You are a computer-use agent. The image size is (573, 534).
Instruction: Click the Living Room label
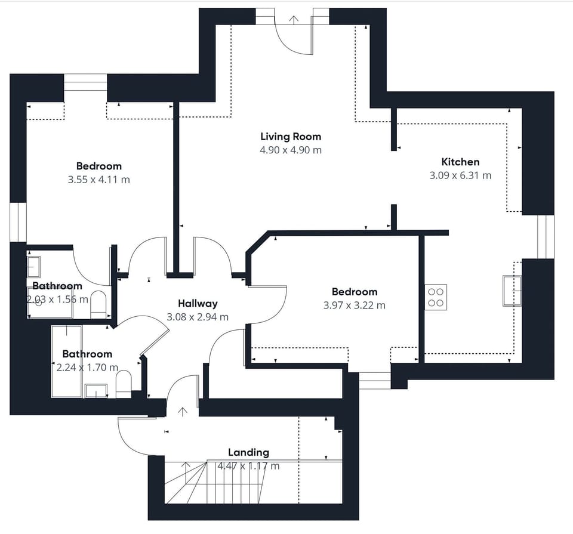pos(290,137)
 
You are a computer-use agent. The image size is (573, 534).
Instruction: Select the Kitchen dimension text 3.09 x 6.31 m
pos(460,175)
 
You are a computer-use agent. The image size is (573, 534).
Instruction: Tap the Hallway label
pos(198,304)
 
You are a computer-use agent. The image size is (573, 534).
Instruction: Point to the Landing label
pos(248,452)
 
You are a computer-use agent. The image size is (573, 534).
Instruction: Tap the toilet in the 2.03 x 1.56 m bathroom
pos(98,304)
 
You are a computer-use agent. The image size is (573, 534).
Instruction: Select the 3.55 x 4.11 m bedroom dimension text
pos(99,180)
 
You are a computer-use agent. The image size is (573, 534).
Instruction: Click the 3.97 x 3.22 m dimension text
pos(355,305)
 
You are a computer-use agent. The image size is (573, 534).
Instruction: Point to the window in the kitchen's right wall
pos(546,236)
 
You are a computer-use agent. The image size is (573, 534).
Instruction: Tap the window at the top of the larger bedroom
pos(85,82)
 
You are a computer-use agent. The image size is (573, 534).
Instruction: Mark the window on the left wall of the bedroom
pos(18,222)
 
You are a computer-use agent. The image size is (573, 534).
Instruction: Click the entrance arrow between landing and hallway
pos(183,411)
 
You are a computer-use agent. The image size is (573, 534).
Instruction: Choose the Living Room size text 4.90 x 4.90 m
pos(290,150)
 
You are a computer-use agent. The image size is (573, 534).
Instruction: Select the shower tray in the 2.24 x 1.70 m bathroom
pos(66,361)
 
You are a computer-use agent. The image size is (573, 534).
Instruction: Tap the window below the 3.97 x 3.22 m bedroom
pos(375,380)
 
